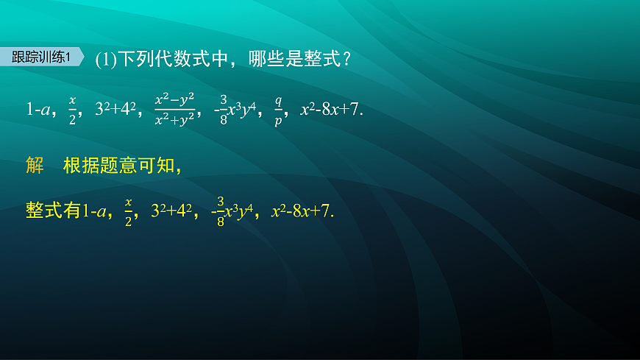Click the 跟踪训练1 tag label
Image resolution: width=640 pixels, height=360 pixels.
point(42,58)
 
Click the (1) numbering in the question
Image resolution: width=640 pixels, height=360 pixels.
point(107,60)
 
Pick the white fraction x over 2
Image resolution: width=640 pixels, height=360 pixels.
point(72,110)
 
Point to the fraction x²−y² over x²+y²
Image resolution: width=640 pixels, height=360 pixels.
point(174,110)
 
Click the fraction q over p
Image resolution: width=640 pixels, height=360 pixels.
point(279,110)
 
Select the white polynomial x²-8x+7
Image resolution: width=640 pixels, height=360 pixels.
point(330,110)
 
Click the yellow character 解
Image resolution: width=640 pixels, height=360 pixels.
point(35,166)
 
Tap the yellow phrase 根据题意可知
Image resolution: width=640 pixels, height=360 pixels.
point(119,166)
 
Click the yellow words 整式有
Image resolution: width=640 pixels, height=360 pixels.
point(52,211)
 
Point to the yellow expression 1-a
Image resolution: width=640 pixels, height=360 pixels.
point(94,212)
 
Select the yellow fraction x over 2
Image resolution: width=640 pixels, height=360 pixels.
point(128,212)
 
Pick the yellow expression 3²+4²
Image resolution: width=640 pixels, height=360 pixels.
point(171,212)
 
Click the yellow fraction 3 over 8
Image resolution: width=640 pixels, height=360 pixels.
point(221,212)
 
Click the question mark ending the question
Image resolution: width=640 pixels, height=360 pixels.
point(346,60)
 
